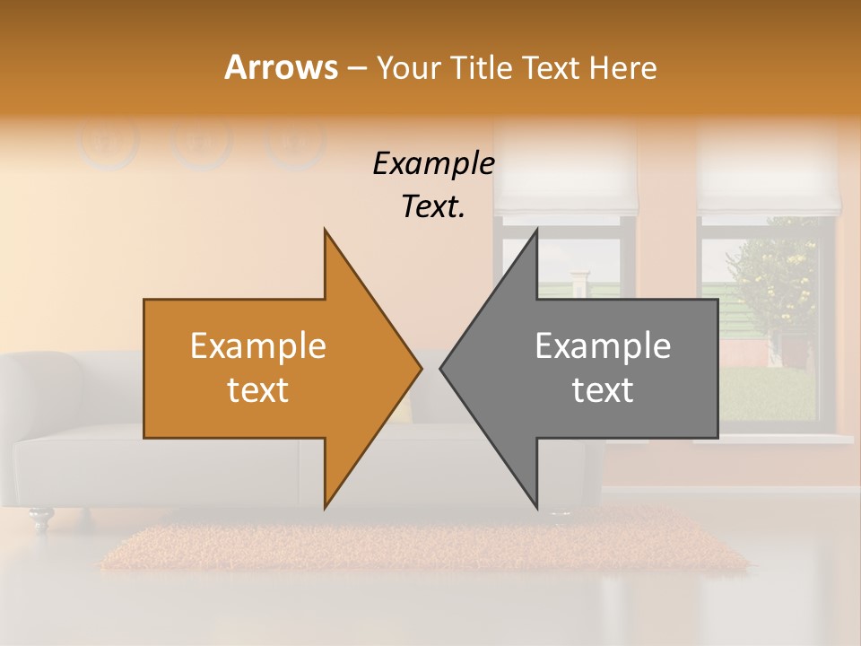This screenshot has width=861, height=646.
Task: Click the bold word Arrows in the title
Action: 281,67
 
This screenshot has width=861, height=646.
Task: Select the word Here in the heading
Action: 624,67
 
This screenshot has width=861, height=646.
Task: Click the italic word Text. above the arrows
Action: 433,206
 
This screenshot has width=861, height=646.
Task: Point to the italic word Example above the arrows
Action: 433,164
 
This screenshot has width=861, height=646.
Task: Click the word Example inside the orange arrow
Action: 258,346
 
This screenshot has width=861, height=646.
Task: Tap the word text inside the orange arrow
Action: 258,390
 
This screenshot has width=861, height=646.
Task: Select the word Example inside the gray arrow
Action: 603,346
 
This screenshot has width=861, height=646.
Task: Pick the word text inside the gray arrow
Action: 603,390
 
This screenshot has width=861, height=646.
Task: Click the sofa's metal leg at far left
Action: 40,518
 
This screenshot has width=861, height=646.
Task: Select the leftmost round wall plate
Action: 108,142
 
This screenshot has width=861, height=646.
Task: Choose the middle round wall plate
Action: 202,142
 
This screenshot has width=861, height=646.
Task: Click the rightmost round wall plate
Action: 295,142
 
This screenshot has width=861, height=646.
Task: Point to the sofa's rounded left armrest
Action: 40,386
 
